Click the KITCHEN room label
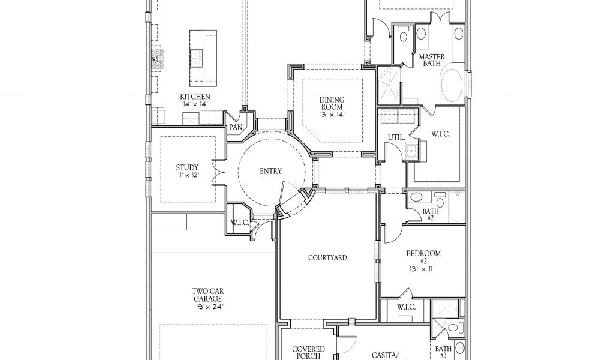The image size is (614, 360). [x=195, y=96]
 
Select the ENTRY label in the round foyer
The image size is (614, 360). [x=270, y=171]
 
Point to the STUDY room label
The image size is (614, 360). [x=187, y=167]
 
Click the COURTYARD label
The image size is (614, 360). [x=327, y=258]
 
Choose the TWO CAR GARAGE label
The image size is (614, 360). [x=207, y=294]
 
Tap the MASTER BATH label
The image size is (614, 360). [x=432, y=59]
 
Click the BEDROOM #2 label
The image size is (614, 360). [x=423, y=253]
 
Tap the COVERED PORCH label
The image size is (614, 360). [x=308, y=352]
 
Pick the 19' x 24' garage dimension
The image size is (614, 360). [x=207, y=307]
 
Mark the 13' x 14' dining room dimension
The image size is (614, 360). [x=332, y=115]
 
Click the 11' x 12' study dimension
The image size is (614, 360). [x=187, y=176]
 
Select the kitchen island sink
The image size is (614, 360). [x=197, y=56]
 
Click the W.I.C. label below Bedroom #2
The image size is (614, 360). [x=407, y=308]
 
